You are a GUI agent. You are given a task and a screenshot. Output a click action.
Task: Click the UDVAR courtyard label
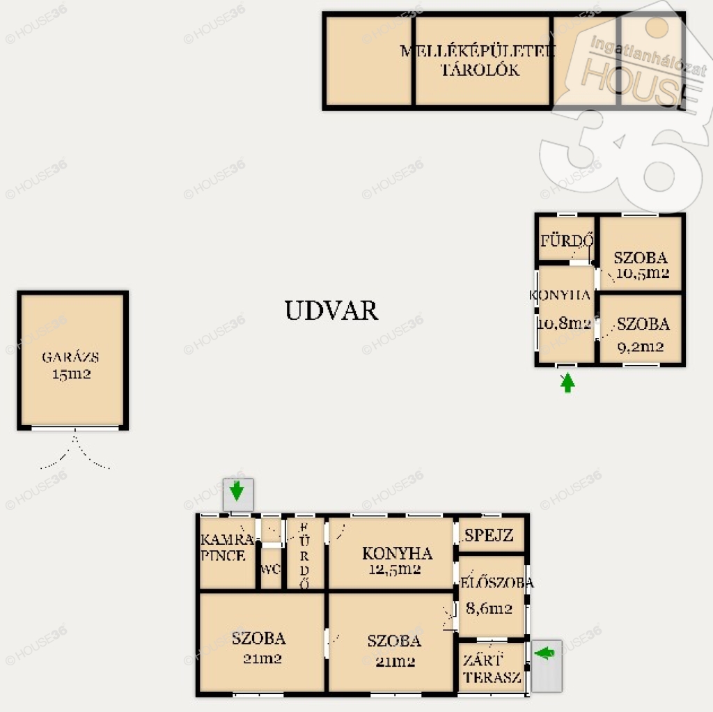331,311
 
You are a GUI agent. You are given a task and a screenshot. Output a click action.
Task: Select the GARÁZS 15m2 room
72,360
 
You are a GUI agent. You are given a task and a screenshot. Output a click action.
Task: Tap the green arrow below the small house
567,382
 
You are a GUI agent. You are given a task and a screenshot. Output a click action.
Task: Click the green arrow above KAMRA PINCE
237,491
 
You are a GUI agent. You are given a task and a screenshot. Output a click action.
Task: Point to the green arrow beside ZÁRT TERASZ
544,653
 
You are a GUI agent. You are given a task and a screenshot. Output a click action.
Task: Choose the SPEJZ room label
489,535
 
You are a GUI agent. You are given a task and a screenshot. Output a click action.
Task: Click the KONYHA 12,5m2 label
396,561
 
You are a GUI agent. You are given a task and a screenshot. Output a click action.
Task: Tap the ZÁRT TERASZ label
492,668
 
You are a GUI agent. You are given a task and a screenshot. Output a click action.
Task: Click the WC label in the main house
270,569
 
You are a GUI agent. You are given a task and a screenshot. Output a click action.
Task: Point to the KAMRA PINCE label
226,548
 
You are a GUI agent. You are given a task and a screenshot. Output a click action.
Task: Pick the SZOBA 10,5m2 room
641,253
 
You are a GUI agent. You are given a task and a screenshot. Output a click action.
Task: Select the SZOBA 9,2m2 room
641,329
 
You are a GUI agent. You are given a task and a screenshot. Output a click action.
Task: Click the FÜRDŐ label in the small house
567,240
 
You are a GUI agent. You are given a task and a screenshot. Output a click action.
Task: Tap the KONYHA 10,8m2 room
565,314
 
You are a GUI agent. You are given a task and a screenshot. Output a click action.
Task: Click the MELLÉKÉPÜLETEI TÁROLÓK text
478,60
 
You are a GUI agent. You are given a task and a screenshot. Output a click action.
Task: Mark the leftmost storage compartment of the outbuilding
369,61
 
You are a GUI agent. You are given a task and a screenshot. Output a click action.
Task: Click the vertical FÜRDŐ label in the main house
304,555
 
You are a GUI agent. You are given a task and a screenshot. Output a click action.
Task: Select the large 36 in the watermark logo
623,160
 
